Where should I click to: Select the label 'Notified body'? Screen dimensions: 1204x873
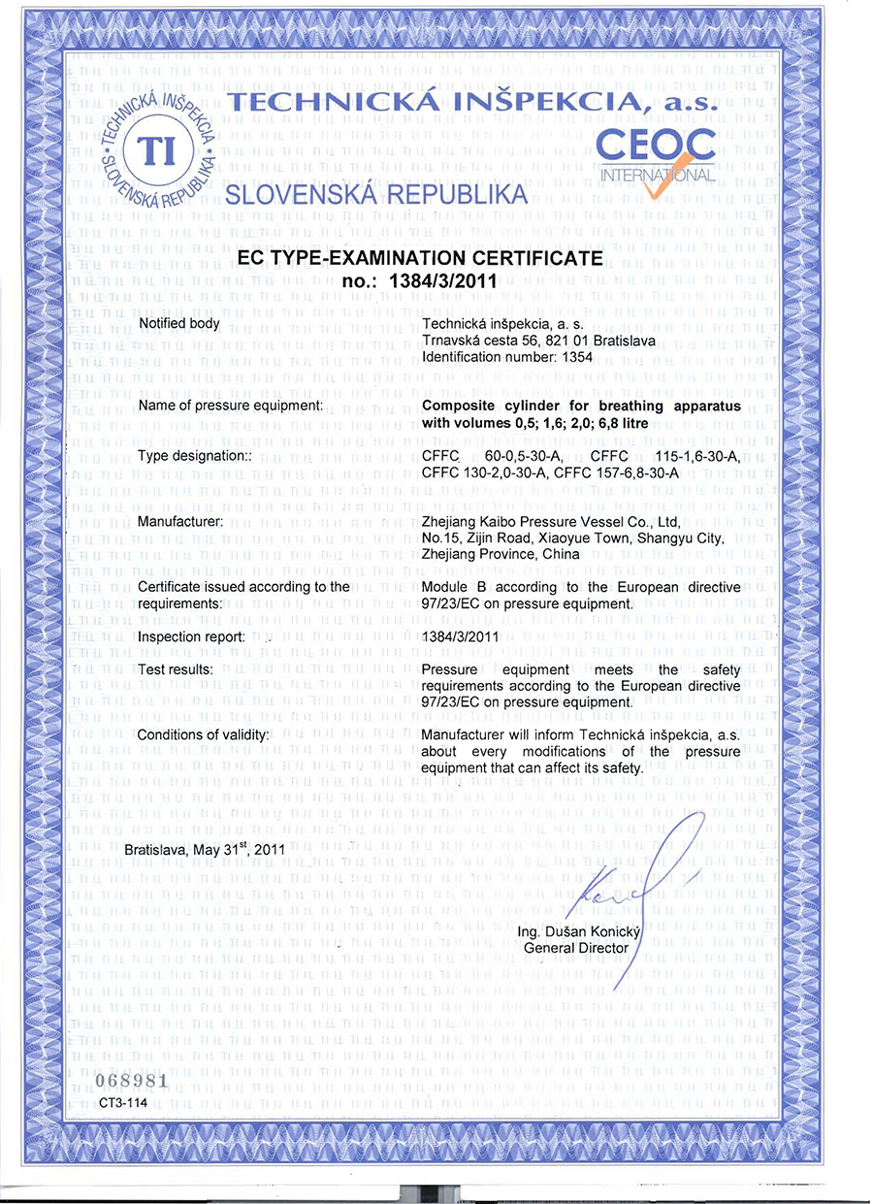(x=179, y=322)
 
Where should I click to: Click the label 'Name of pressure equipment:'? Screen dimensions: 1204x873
(x=230, y=406)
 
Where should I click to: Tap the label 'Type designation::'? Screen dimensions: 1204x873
(x=195, y=456)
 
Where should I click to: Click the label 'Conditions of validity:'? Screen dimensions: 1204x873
(x=203, y=734)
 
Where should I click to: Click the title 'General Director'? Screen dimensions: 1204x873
(x=576, y=948)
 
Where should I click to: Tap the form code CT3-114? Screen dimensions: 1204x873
(x=120, y=1102)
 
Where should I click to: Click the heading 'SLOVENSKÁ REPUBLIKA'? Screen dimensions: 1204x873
(x=376, y=193)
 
